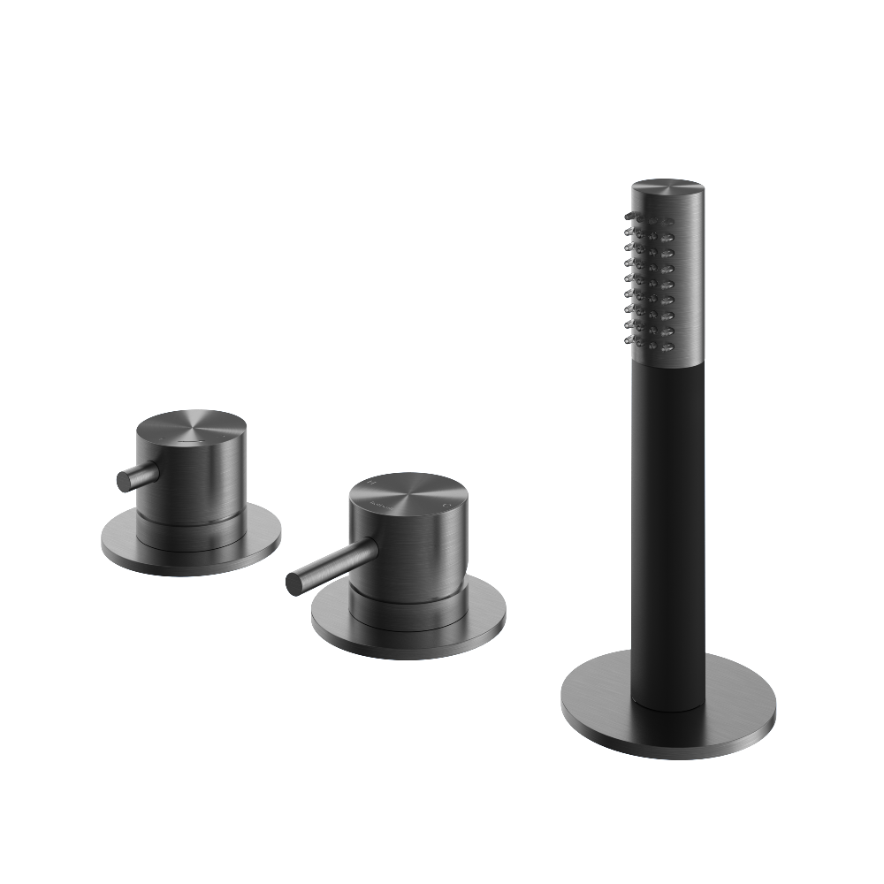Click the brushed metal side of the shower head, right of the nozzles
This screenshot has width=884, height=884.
(x=685, y=283)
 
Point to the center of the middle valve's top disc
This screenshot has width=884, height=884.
(x=407, y=498)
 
